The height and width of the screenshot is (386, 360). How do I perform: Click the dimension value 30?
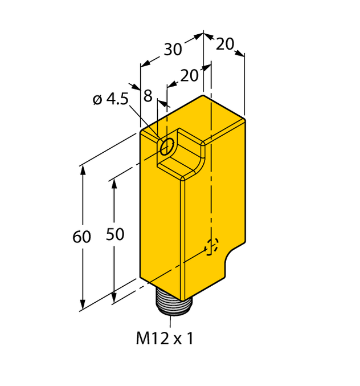[x=173, y=50]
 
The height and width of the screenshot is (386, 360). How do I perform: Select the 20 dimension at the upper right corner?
[x=226, y=43]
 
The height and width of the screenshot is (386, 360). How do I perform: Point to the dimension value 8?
[x=148, y=96]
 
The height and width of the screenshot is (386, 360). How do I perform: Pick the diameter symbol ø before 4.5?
[x=97, y=100]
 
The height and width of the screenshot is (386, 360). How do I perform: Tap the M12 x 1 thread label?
[x=165, y=339]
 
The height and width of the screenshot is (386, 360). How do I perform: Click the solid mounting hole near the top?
[x=166, y=147]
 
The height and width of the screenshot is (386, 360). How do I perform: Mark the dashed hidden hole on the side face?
[x=211, y=247]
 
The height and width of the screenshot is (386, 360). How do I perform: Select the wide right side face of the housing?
[x=216, y=188]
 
